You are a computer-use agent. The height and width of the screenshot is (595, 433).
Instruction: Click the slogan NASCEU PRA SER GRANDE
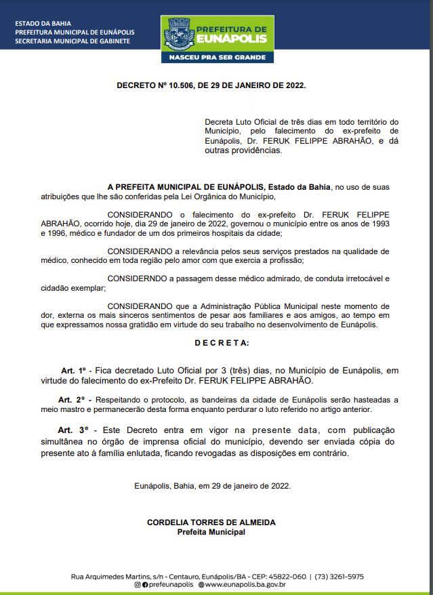(x=217, y=58)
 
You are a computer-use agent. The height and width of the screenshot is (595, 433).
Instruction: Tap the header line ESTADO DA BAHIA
(x=38, y=24)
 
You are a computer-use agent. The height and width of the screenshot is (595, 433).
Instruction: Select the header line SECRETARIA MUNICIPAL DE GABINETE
(x=73, y=41)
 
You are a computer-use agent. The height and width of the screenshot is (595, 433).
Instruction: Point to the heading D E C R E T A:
(x=222, y=343)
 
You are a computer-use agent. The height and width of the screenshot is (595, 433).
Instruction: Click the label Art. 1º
(x=75, y=371)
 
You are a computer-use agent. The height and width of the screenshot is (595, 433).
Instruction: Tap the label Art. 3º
(x=73, y=430)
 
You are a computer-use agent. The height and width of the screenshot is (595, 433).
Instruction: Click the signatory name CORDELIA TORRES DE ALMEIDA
(x=211, y=522)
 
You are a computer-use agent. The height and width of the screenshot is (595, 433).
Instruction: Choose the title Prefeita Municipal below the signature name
(x=211, y=532)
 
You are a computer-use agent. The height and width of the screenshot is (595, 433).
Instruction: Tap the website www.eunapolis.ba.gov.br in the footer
(x=245, y=585)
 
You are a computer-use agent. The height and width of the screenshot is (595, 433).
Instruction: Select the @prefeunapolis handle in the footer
(x=167, y=585)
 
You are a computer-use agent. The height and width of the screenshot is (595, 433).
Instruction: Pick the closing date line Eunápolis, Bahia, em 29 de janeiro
(x=212, y=486)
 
